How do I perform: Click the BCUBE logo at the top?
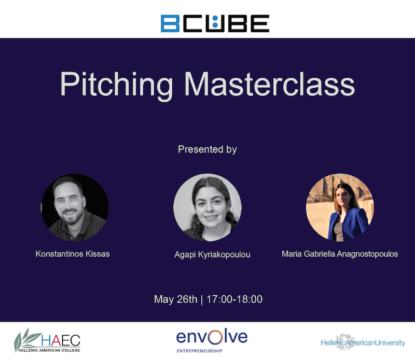click(x=215, y=23)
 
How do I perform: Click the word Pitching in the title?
click(x=116, y=85)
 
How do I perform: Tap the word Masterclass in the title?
click(x=269, y=84)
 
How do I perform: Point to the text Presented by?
click(x=207, y=149)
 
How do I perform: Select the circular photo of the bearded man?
click(x=75, y=207)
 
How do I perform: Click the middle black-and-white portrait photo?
click(x=207, y=207)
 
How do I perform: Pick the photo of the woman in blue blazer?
click(x=340, y=207)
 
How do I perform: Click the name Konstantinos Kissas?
click(x=73, y=254)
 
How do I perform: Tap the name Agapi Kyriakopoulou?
click(x=212, y=255)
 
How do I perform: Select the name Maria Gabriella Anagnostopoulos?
click(x=340, y=254)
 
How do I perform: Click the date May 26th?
click(x=175, y=299)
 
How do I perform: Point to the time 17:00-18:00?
click(x=234, y=299)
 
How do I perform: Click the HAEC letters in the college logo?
click(x=61, y=340)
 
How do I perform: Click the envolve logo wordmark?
click(x=212, y=337)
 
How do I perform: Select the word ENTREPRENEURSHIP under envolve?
click(x=200, y=351)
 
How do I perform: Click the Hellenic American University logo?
click(x=363, y=342)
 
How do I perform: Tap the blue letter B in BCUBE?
click(x=170, y=23)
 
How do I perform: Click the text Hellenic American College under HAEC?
click(x=49, y=350)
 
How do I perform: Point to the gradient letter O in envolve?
click(x=215, y=337)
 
